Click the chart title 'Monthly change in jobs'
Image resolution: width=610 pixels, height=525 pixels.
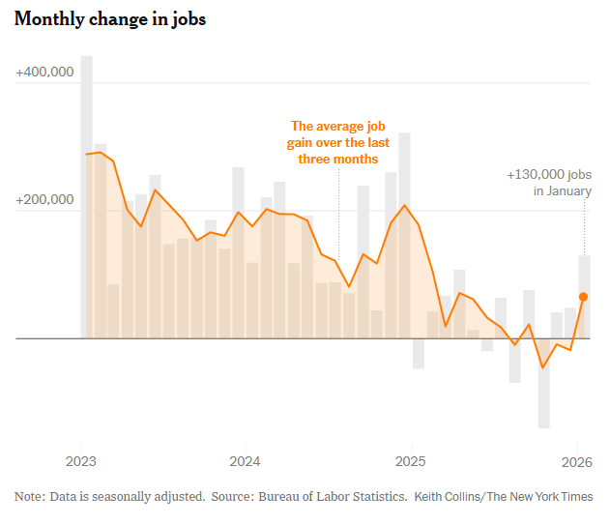click(109, 18)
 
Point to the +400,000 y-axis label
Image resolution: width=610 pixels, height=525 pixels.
click(45, 73)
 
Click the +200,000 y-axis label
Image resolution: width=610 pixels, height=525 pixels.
click(45, 200)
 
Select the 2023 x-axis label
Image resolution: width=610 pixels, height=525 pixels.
click(80, 459)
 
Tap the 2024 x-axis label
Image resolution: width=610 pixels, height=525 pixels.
click(246, 459)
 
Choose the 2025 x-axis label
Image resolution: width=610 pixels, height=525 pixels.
click(411, 459)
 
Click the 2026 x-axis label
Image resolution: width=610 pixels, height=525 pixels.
click(577, 459)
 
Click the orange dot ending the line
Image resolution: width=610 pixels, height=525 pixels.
click(583, 297)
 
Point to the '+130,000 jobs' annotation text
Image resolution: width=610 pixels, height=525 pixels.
click(548, 175)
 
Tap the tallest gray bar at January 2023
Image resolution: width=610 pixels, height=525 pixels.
click(87, 193)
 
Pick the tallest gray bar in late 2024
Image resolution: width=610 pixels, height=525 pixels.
click(404, 232)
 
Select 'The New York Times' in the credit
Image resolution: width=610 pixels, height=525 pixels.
click(542, 496)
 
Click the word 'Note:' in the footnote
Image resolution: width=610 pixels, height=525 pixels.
click(29, 496)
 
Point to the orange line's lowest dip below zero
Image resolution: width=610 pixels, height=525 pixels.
click(542, 367)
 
